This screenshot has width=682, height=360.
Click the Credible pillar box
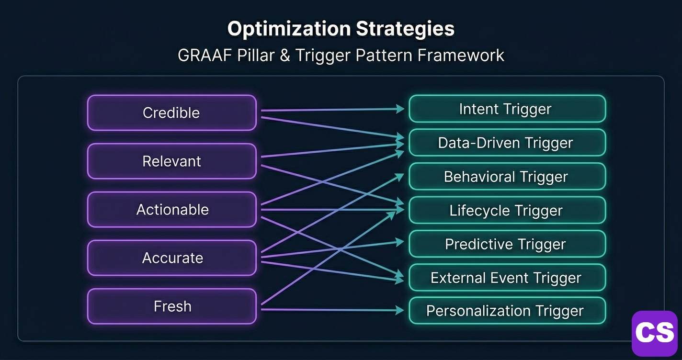tap(171, 113)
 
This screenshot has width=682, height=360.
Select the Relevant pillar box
tap(171, 161)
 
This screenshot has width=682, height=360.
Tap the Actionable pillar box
tap(171, 210)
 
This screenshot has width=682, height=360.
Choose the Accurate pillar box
tap(171, 258)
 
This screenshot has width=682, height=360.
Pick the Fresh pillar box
tap(171, 306)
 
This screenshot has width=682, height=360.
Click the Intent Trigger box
tap(507, 109)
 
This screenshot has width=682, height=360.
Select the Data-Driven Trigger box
tap(507, 143)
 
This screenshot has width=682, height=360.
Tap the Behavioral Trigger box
tap(507, 177)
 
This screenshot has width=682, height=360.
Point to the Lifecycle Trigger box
tap(507, 210)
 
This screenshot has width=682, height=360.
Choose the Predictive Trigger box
tap(507, 244)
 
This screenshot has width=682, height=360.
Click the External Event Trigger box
tap(507, 278)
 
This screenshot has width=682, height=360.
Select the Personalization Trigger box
tap(507, 311)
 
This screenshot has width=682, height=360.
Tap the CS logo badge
tap(654, 333)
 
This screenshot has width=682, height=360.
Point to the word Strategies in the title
tap(405, 29)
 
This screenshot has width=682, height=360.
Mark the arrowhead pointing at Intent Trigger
tap(400, 109)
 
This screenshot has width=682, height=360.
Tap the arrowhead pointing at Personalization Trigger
tap(400, 311)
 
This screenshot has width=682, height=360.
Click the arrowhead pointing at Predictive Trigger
tap(400, 242)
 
